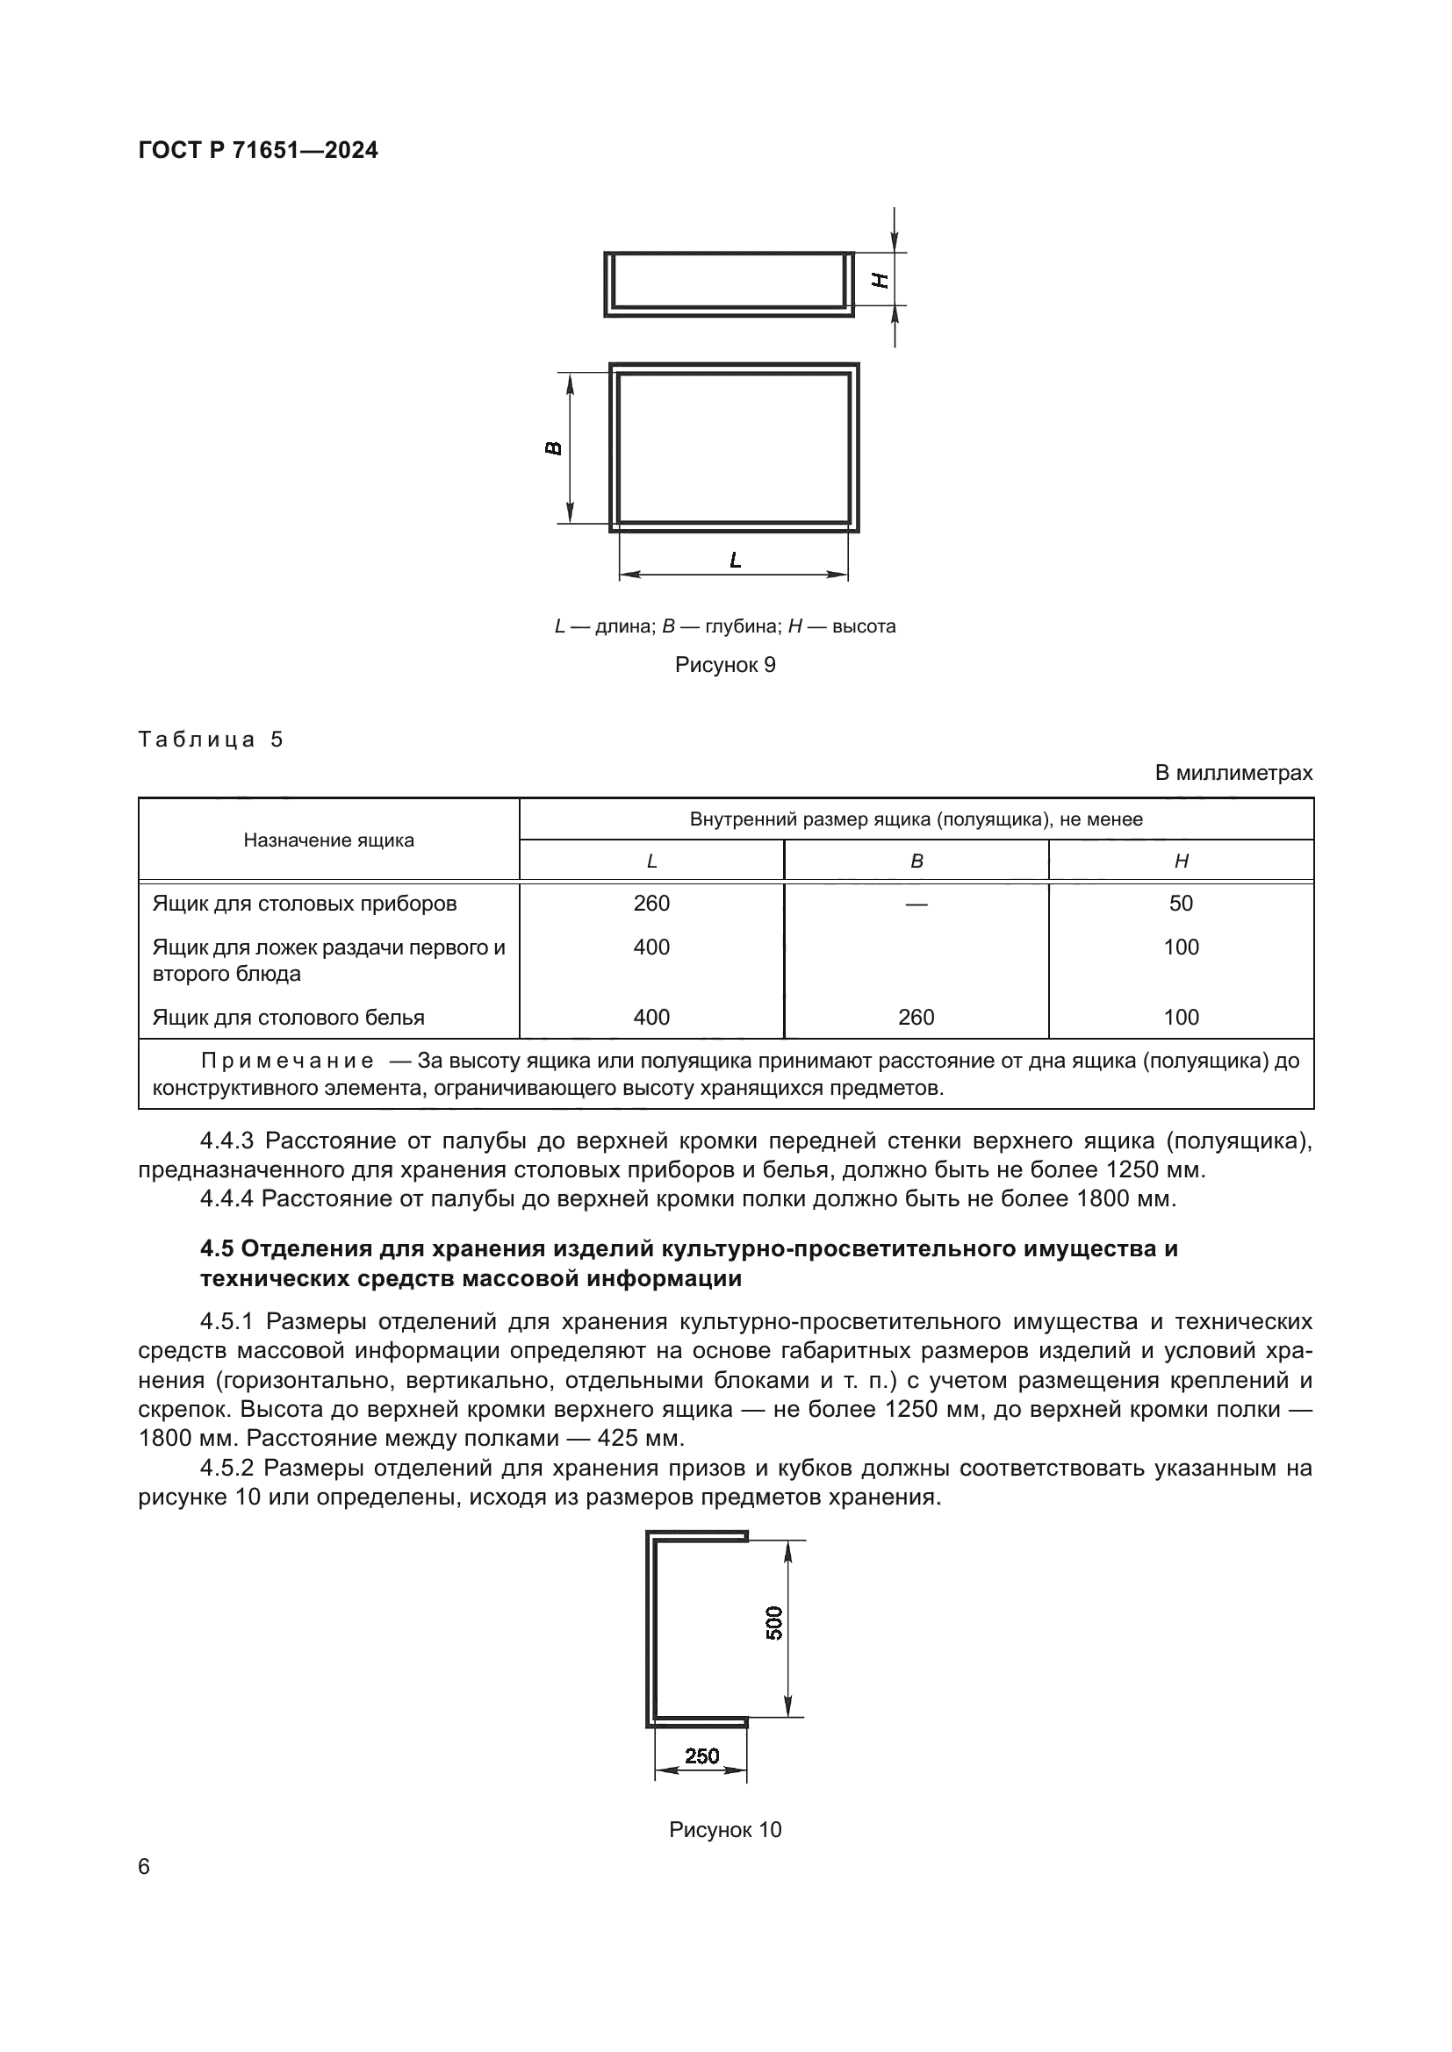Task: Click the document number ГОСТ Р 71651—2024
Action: (257, 150)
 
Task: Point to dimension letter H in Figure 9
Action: (881, 280)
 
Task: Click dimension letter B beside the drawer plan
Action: (553, 447)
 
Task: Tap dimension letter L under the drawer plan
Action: (735, 561)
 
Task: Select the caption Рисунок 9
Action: (724, 664)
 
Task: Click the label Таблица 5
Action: (210, 739)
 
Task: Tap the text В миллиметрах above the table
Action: (1233, 772)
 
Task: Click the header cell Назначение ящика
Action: (328, 840)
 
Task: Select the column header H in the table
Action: (1180, 861)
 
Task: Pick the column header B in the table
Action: (916, 861)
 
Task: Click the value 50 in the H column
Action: (1180, 903)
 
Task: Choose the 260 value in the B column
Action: (916, 1017)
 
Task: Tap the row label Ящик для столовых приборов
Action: (304, 903)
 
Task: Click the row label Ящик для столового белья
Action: (288, 1017)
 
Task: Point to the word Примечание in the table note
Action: (287, 1061)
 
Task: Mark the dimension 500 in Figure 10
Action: (774, 1622)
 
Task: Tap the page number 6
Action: (144, 1892)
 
